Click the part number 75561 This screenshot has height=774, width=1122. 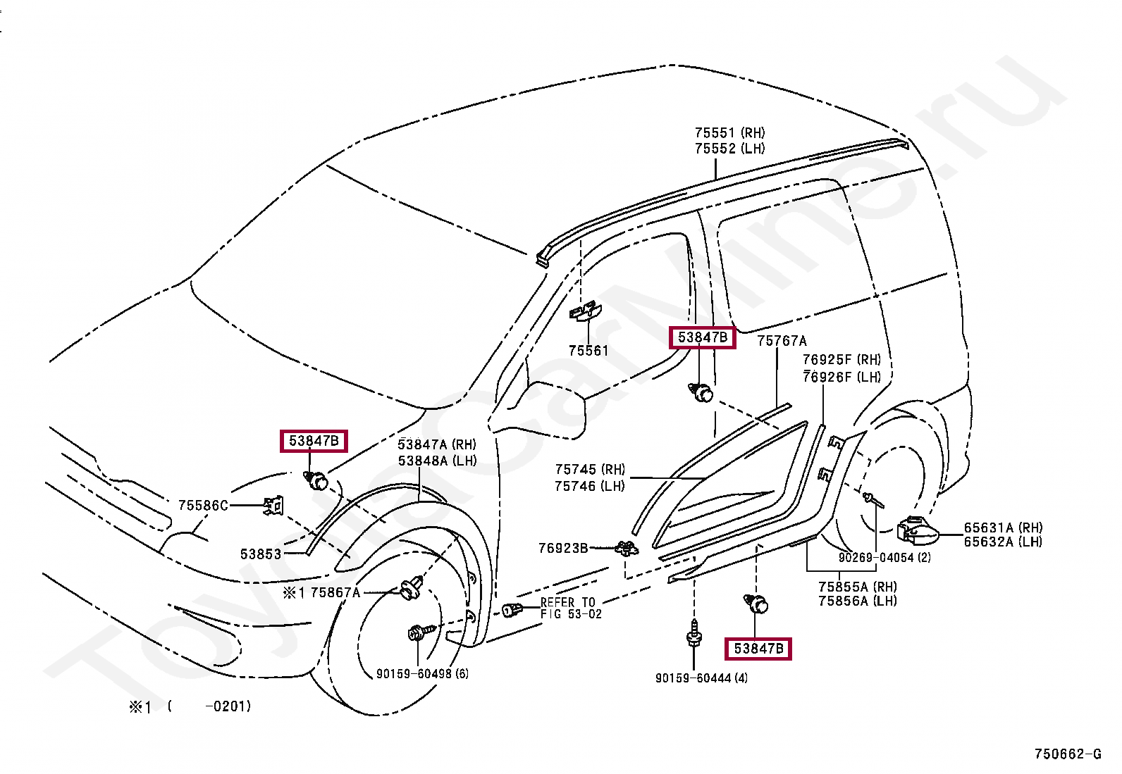[x=588, y=351]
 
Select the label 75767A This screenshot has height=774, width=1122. [x=782, y=341]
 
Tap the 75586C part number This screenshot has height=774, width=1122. [x=204, y=506]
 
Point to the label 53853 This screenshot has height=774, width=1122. [x=261, y=554]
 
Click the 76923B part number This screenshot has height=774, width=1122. [x=563, y=548]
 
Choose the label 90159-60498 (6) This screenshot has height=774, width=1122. [x=422, y=674]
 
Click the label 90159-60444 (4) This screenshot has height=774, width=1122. [x=701, y=678]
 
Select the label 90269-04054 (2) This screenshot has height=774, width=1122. [x=884, y=557]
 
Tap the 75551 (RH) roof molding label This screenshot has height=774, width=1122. [x=730, y=132]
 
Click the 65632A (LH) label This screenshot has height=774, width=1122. [x=1003, y=541]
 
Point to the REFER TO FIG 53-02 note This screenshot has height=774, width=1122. [x=571, y=608]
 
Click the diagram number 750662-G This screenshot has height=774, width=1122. [x=1068, y=754]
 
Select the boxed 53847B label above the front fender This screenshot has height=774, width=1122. [x=314, y=441]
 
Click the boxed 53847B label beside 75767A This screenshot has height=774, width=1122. [x=702, y=337]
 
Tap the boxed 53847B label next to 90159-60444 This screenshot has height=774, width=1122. [x=758, y=649]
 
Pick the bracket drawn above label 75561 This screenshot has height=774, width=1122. [x=585, y=311]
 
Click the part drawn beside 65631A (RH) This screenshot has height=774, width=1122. [x=916, y=531]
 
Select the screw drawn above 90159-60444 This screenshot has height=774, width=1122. [x=693, y=634]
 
